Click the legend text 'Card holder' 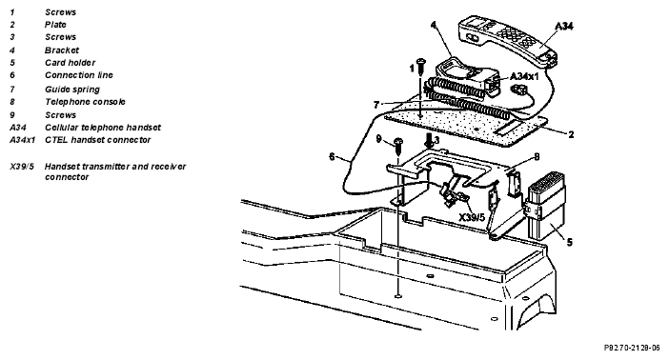tap(70, 63)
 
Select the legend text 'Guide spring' tap(72, 90)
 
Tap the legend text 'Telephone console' tap(85, 102)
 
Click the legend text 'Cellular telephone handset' tap(103, 128)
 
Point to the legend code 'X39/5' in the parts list tap(22, 167)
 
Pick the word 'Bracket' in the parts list tap(62, 50)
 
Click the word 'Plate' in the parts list tap(55, 25)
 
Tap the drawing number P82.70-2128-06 tap(632, 348)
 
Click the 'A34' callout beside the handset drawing tap(564, 27)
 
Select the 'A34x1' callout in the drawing tap(524, 76)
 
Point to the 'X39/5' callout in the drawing tap(472, 217)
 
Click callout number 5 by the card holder tap(569, 242)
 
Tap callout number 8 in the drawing tap(537, 157)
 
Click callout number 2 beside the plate tap(571, 135)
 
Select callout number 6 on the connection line tap(332, 157)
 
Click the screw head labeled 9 tap(398, 141)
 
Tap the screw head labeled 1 tap(420, 61)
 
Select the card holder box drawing tap(547, 207)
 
